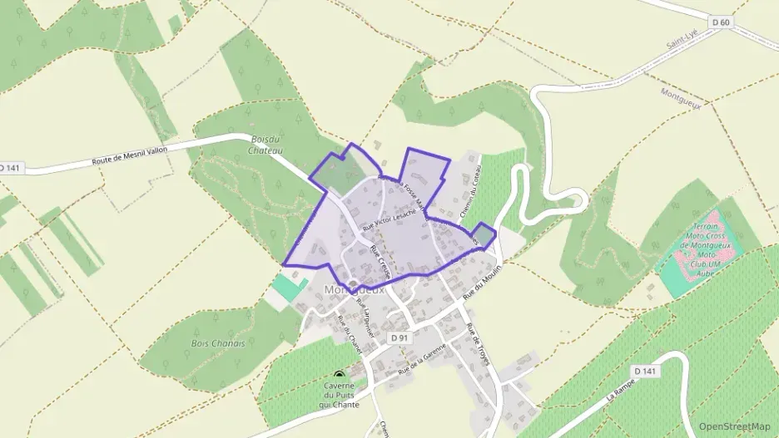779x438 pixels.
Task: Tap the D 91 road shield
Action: (x=399, y=337)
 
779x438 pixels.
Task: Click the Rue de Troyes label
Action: (x=477, y=343)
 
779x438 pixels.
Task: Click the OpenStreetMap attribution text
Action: (x=735, y=426)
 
